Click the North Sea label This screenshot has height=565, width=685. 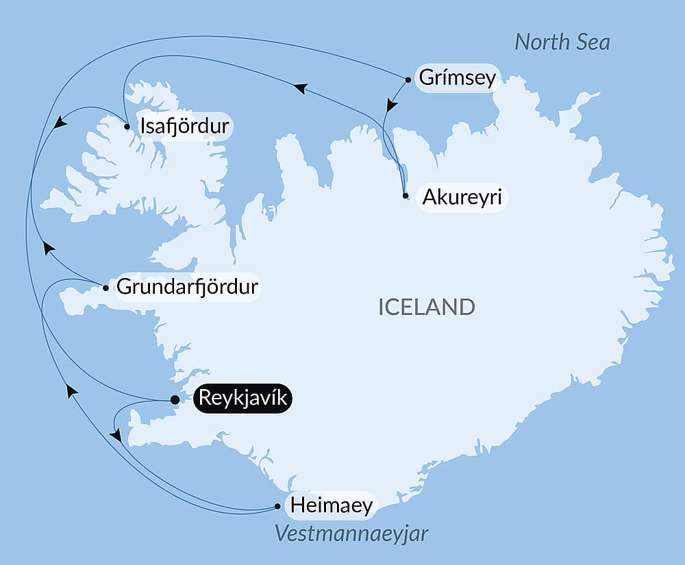point(562,42)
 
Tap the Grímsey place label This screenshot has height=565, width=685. point(457,78)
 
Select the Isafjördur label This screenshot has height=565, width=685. point(184,127)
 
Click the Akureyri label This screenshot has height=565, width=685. point(462,197)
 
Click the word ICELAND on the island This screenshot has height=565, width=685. point(426,307)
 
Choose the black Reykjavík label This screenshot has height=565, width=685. point(243,399)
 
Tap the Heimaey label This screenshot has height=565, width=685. point(332,506)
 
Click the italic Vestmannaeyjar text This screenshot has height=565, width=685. point(351,533)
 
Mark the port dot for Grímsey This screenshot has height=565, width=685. point(408,79)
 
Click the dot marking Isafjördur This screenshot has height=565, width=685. point(127,126)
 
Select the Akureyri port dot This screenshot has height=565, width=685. point(406,196)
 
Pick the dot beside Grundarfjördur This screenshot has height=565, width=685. point(105,288)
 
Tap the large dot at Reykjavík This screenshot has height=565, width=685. point(175,399)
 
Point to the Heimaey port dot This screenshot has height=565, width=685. point(277,507)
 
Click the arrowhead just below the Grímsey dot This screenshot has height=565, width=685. point(390,105)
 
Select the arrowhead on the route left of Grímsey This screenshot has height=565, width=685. point(299,88)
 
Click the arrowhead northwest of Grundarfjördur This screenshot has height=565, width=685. point(47,247)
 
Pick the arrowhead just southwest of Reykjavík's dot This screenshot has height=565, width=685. point(116,435)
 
